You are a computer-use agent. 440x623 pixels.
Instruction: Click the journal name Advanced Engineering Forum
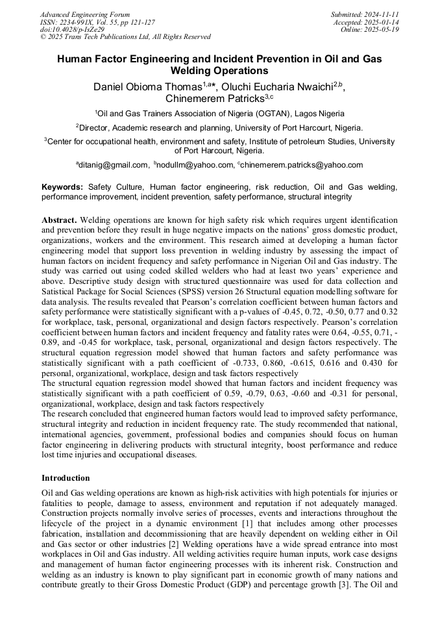tap(85, 14)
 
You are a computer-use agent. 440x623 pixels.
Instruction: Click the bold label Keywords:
tap(62, 187)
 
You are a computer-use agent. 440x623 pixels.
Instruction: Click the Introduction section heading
tap(66, 478)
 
